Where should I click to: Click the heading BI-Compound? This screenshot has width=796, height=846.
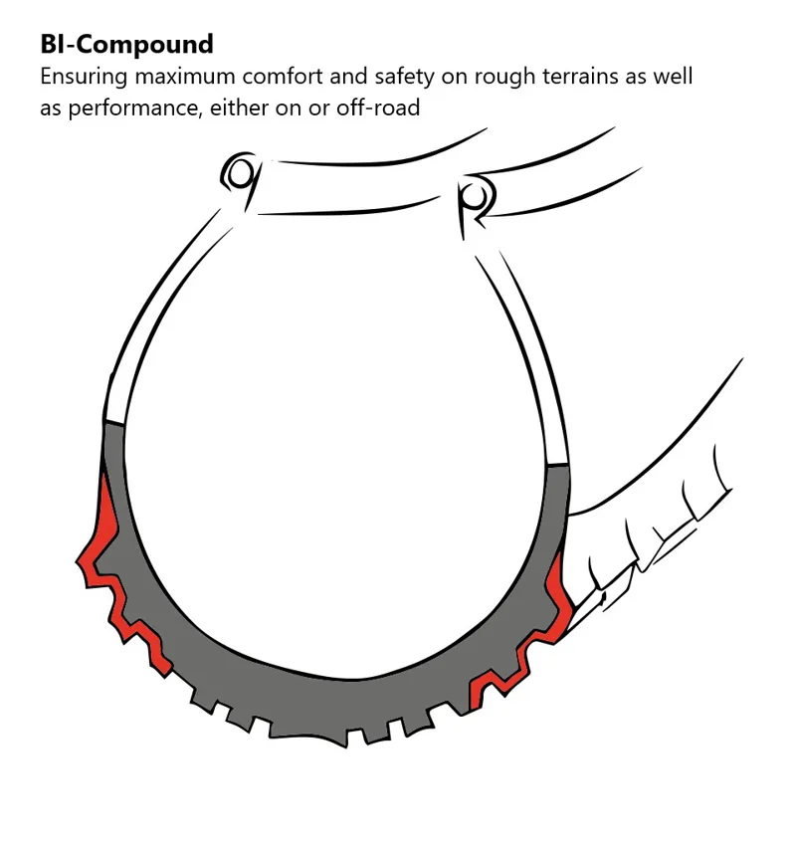point(126,45)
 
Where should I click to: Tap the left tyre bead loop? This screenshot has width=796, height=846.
point(240,173)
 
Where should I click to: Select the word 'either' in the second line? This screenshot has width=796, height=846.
point(256,106)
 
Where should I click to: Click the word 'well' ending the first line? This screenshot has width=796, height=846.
point(673,77)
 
